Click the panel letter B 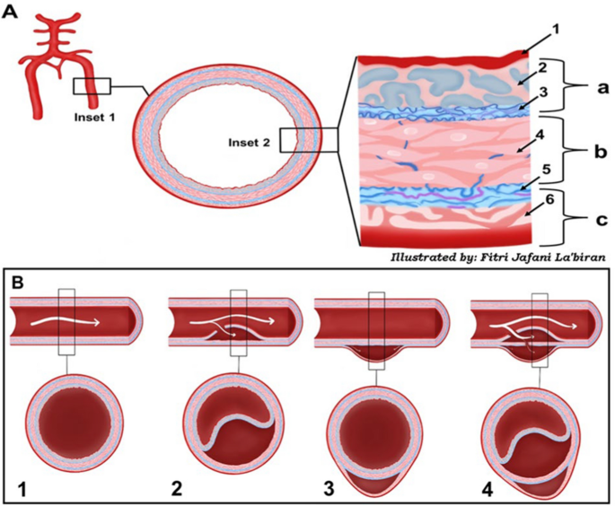tap(18, 280)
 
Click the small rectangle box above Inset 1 tap(92, 87)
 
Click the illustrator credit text tap(495, 257)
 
